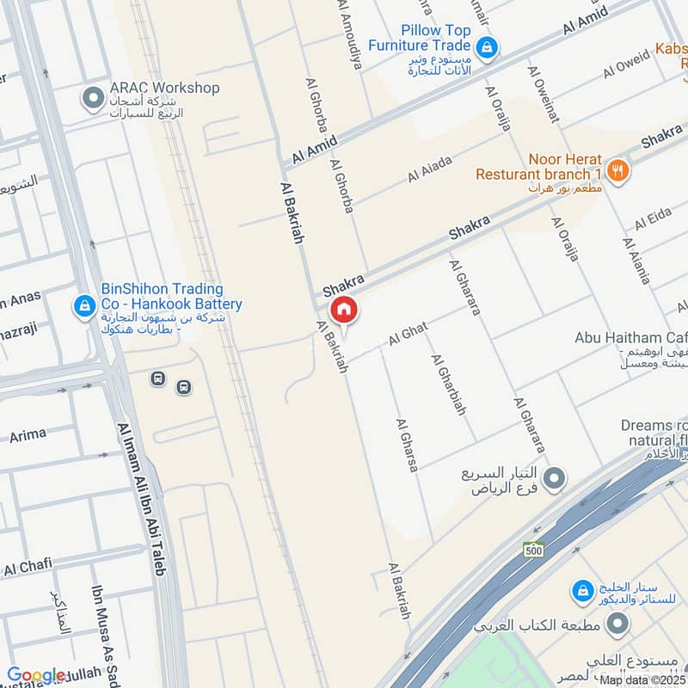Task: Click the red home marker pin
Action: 343,310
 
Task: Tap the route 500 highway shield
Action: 534,549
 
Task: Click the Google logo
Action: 36,675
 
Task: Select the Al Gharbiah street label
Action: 447,384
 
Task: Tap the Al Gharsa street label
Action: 406,445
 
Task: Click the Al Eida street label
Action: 653,219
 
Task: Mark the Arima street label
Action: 28,435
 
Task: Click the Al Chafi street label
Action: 28,568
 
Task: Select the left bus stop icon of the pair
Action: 157,378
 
